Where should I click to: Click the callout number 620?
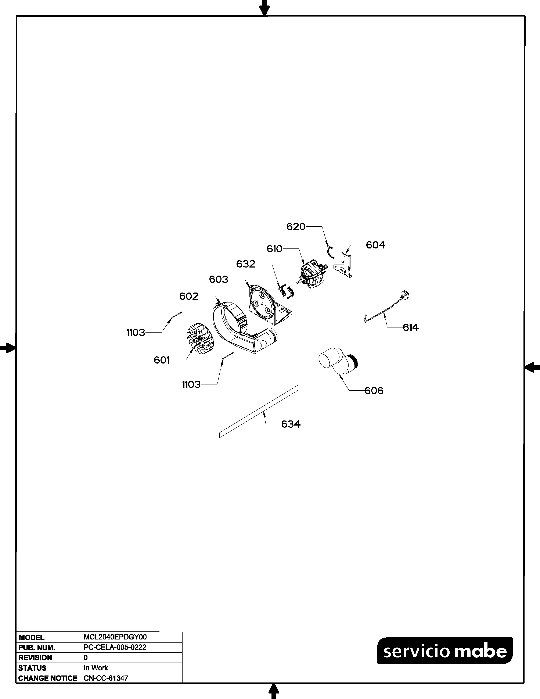click(296, 227)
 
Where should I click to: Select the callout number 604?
click(376, 245)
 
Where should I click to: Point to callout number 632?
click(246, 264)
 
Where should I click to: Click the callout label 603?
click(219, 279)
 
